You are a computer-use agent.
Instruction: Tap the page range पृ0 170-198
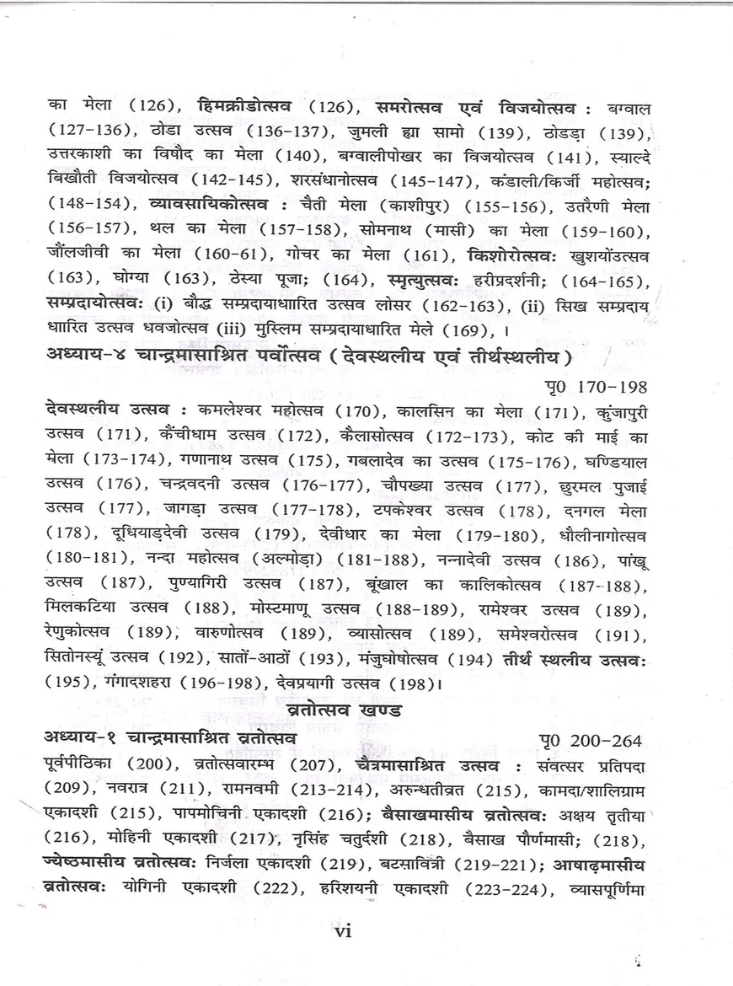[x=596, y=387]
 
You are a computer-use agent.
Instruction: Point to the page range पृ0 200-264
[x=591, y=740]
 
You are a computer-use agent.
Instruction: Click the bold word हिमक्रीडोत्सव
[x=243, y=109]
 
